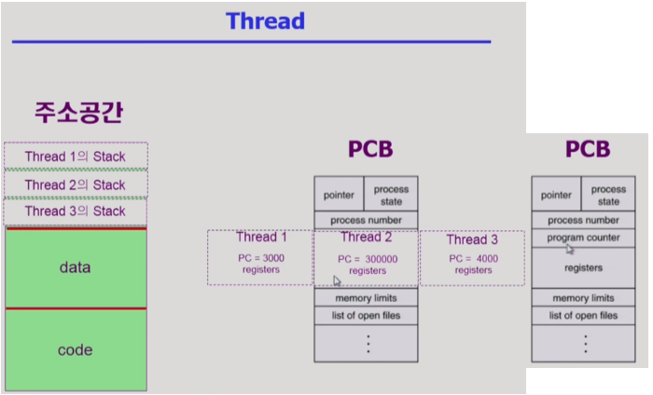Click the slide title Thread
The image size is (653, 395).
(266, 20)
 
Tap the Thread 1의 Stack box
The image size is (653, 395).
(76, 157)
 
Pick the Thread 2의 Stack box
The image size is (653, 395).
(76, 184)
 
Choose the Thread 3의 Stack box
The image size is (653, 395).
(76, 211)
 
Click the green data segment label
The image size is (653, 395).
(75, 267)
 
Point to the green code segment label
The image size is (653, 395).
(75, 350)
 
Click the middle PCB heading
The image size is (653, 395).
(370, 150)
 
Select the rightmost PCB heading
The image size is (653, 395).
(588, 150)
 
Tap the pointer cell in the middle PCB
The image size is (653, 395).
(339, 196)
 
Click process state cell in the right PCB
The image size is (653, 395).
(608, 196)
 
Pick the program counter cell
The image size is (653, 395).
(585, 238)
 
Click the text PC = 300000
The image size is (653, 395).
(367, 259)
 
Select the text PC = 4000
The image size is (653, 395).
(472, 258)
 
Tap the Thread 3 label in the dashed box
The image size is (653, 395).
(472, 239)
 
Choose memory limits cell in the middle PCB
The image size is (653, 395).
(367, 298)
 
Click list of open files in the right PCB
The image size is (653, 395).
(584, 316)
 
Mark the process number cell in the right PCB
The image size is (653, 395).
(584, 220)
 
